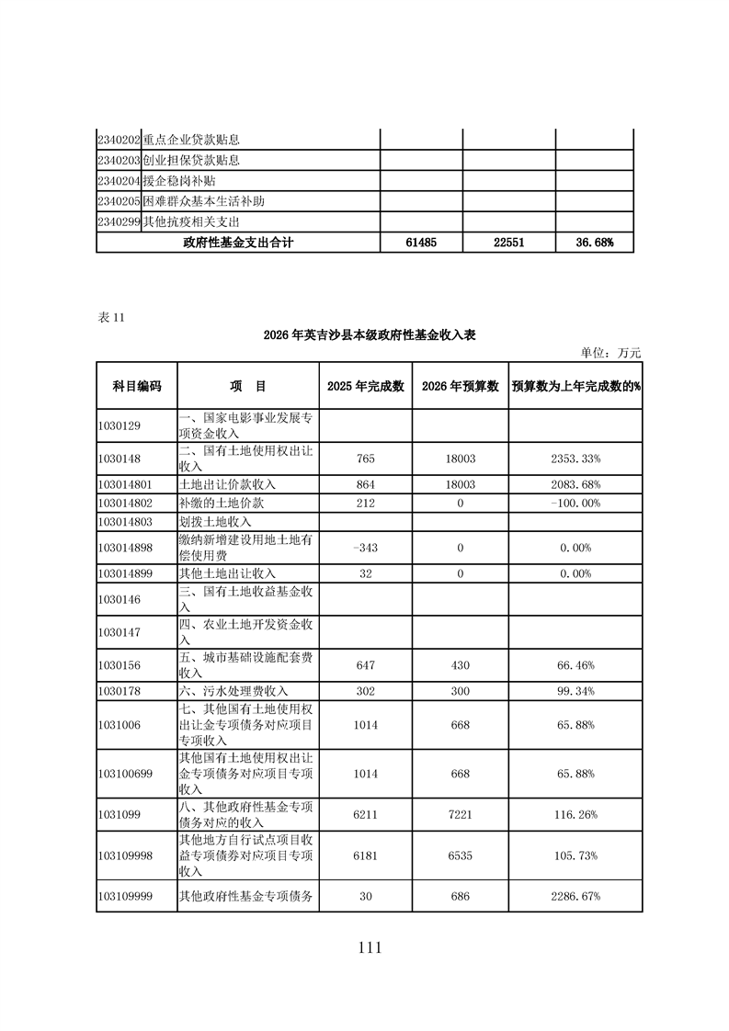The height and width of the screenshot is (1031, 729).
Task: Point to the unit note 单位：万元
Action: coord(610,352)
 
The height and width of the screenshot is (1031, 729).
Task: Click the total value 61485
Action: coord(421,243)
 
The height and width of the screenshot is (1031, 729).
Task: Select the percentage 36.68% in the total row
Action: coord(594,243)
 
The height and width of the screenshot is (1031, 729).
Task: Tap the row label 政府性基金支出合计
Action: coord(238,243)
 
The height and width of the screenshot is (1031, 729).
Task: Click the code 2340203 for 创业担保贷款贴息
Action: coord(119,161)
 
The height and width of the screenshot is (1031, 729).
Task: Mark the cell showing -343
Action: coord(366,548)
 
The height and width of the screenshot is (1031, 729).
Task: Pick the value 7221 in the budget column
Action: coord(460,814)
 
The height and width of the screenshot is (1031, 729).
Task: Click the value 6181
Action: coord(366,855)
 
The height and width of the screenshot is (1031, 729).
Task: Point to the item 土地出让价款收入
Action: coord(227,483)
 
